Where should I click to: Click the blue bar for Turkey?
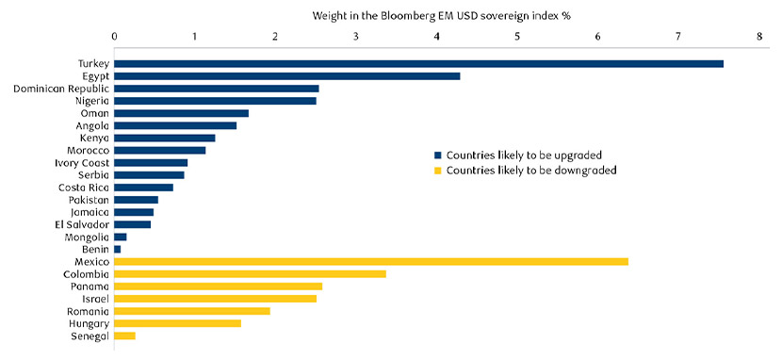pyautogui.click(x=418, y=64)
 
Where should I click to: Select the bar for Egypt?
pyautogui.click(x=287, y=76)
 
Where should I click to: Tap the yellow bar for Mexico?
pyautogui.click(x=371, y=262)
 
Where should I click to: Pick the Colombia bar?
pyautogui.click(x=250, y=274)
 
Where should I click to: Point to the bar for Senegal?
pyautogui.click(x=124, y=335)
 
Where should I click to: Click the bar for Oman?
pyautogui.click(x=181, y=113)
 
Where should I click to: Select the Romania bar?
pyautogui.click(x=192, y=311)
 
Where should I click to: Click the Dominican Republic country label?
pyautogui.click(x=61, y=89)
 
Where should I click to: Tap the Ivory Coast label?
pyautogui.click(x=82, y=163)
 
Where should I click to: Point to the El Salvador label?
pyautogui.click(x=82, y=224)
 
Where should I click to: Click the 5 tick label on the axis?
pyautogui.click(x=517, y=37)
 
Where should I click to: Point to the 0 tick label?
pyautogui.click(x=114, y=37)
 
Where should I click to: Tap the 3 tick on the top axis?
pyautogui.click(x=356, y=37)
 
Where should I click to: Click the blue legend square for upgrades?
pyautogui.click(x=437, y=155)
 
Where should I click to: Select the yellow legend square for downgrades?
pyautogui.click(x=437, y=171)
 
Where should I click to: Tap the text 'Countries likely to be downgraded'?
pyautogui.click(x=531, y=171)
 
